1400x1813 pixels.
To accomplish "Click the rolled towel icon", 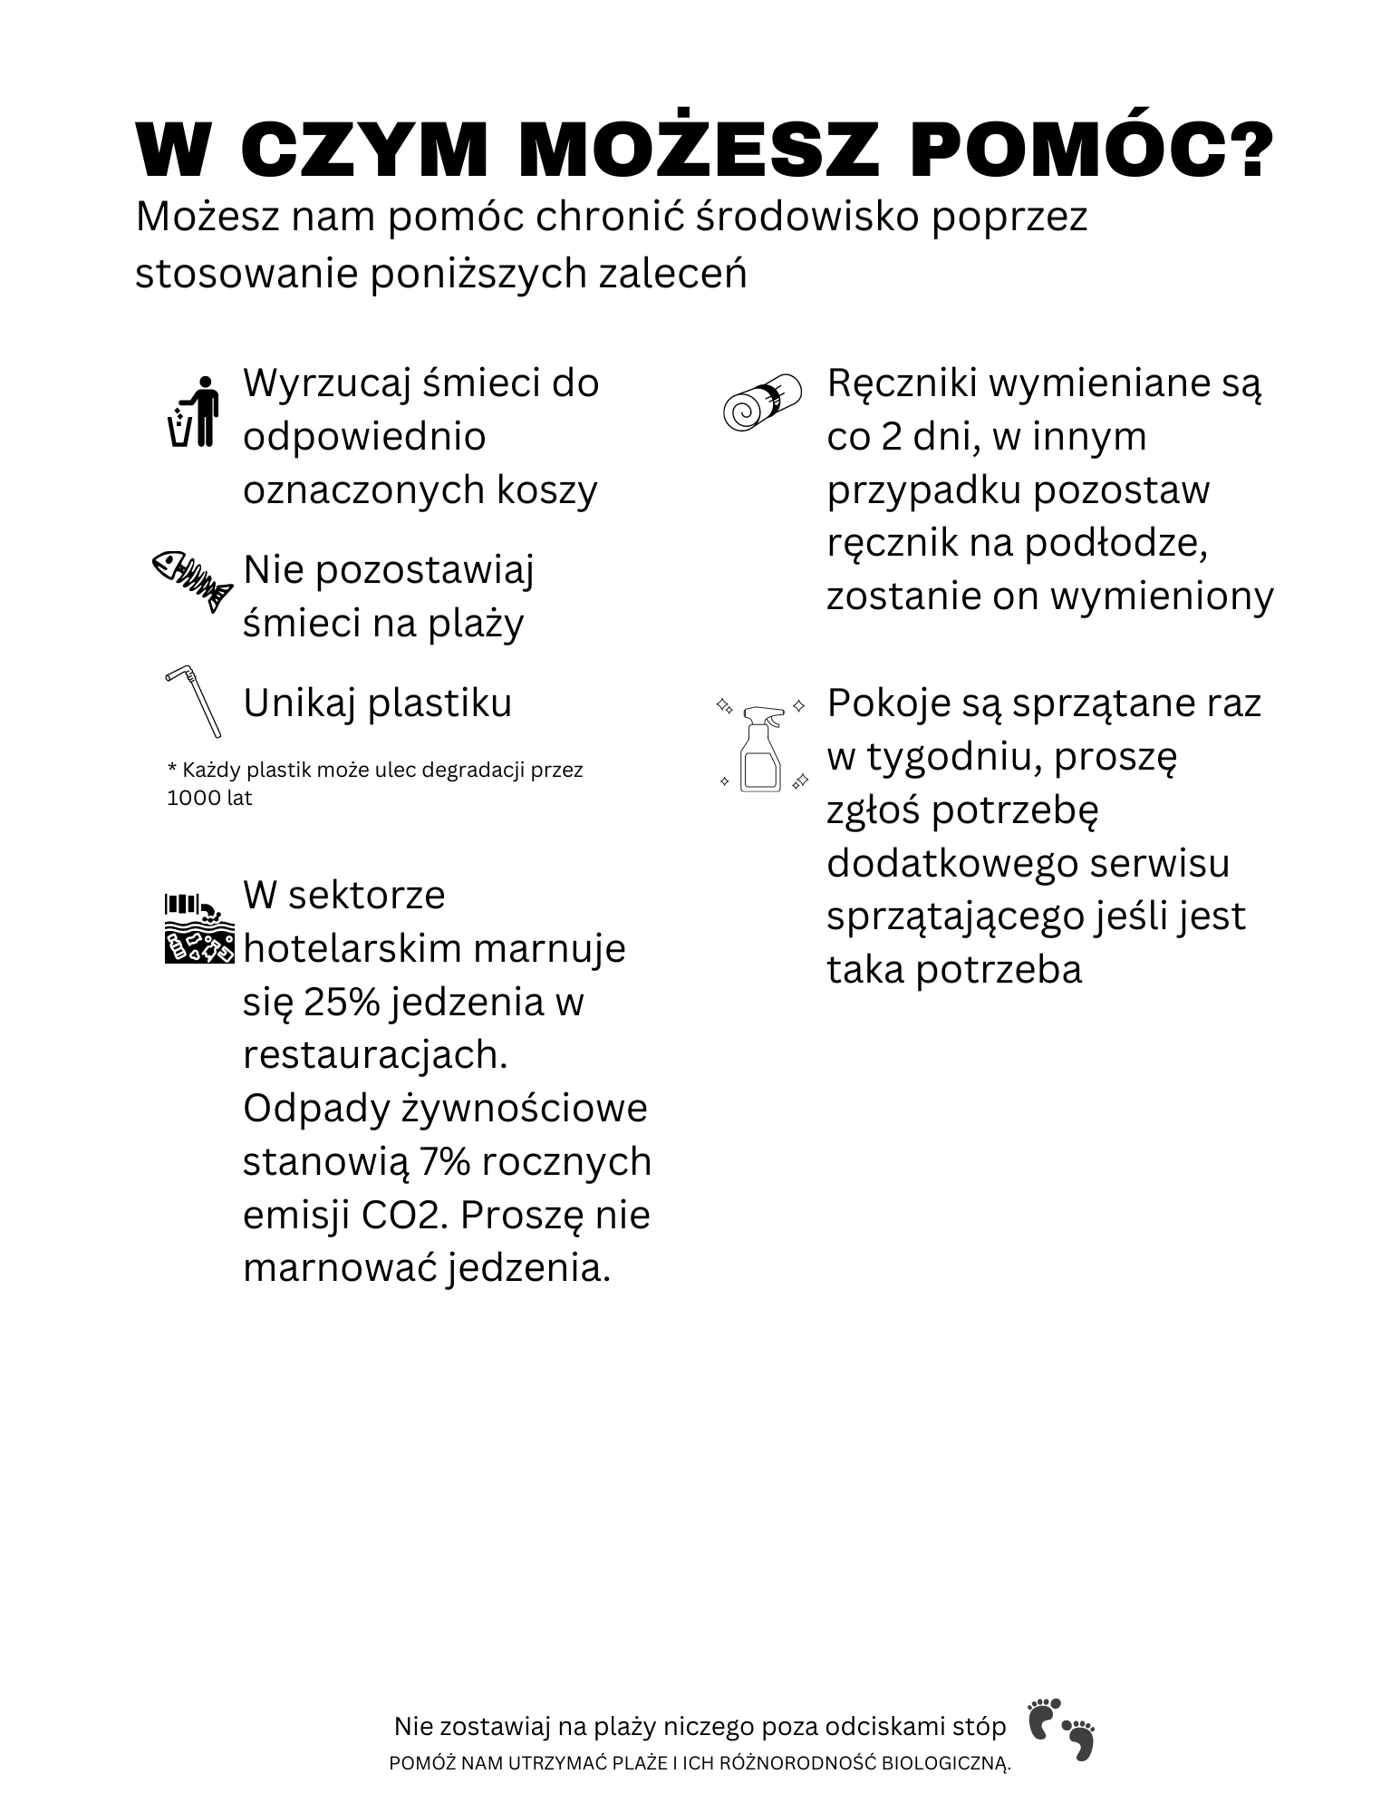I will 763,401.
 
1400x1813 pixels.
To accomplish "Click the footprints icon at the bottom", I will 1061,1729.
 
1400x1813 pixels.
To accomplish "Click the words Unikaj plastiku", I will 378,703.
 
